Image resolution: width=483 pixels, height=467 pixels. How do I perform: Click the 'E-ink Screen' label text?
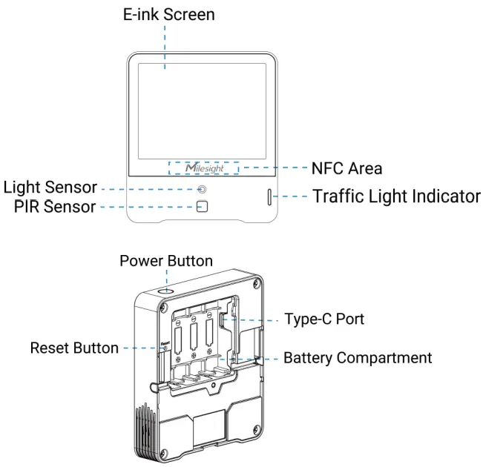168,15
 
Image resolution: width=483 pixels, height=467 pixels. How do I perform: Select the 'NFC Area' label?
346,168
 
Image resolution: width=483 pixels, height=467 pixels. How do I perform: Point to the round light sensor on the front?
201,189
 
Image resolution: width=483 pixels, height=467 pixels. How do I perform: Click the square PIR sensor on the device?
201,206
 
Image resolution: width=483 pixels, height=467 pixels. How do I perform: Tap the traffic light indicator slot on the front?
269,197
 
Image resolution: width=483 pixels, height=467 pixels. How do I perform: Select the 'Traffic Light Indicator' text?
396,197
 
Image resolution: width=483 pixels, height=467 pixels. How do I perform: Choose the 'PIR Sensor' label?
54,207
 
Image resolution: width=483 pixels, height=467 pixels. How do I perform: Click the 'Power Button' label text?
166,262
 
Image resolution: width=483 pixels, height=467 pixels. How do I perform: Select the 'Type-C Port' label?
324,320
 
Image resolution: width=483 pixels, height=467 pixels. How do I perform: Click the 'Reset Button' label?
73,348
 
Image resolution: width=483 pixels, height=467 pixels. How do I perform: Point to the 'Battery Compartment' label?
358,358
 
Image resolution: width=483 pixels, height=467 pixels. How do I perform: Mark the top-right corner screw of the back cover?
256,286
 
